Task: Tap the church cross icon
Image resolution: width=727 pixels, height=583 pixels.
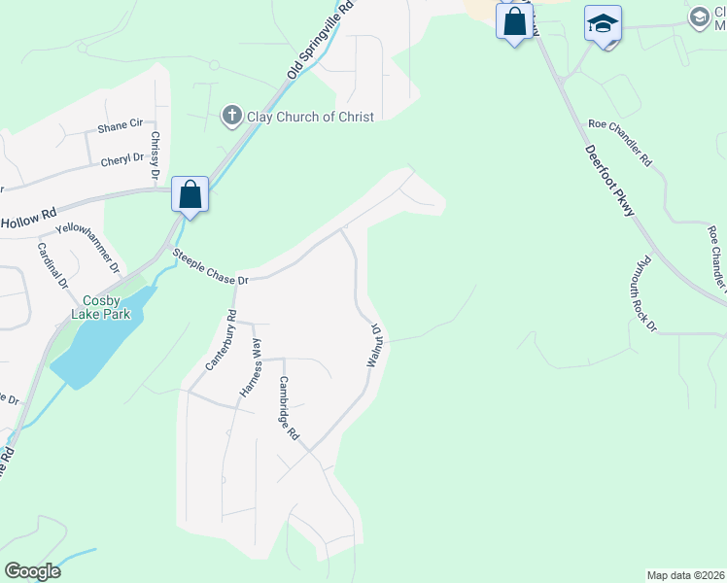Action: point(232,117)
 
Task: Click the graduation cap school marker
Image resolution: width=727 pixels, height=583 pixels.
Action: point(603,24)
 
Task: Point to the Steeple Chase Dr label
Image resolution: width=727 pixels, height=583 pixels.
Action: point(211,267)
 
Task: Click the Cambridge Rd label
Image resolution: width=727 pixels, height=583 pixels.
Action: point(289,408)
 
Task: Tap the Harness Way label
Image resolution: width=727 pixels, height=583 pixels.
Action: point(251,368)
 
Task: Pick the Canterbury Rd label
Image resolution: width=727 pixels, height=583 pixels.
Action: point(222,340)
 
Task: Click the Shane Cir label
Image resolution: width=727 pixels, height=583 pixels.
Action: point(120,127)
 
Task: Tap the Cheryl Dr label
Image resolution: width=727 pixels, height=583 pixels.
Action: point(122,159)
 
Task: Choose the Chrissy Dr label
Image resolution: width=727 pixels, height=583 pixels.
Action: point(155,156)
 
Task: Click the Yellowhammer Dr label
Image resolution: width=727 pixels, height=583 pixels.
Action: point(87,247)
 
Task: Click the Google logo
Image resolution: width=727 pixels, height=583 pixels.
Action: point(32,571)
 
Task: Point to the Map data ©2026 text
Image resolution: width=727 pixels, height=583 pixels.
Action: point(685,575)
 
